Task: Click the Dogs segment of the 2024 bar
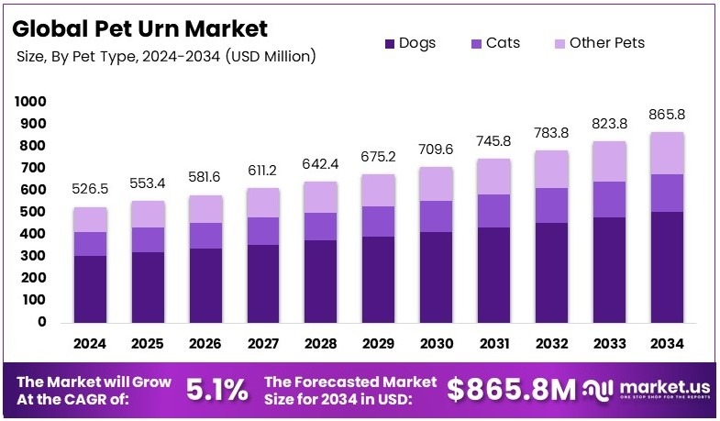tap(91, 289)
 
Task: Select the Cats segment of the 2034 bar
tap(667, 193)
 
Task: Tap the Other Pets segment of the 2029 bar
tap(378, 190)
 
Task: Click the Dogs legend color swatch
tap(389, 43)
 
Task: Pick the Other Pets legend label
tap(606, 43)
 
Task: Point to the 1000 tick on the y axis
tap(31, 101)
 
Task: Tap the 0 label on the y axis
tap(41, 322)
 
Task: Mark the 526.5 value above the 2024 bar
tap(91, 189)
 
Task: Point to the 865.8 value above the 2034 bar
tap(667, 115)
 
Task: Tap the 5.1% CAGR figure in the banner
tap(216, 390)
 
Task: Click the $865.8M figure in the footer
tap(510, 390)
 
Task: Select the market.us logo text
tap(656, 386)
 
